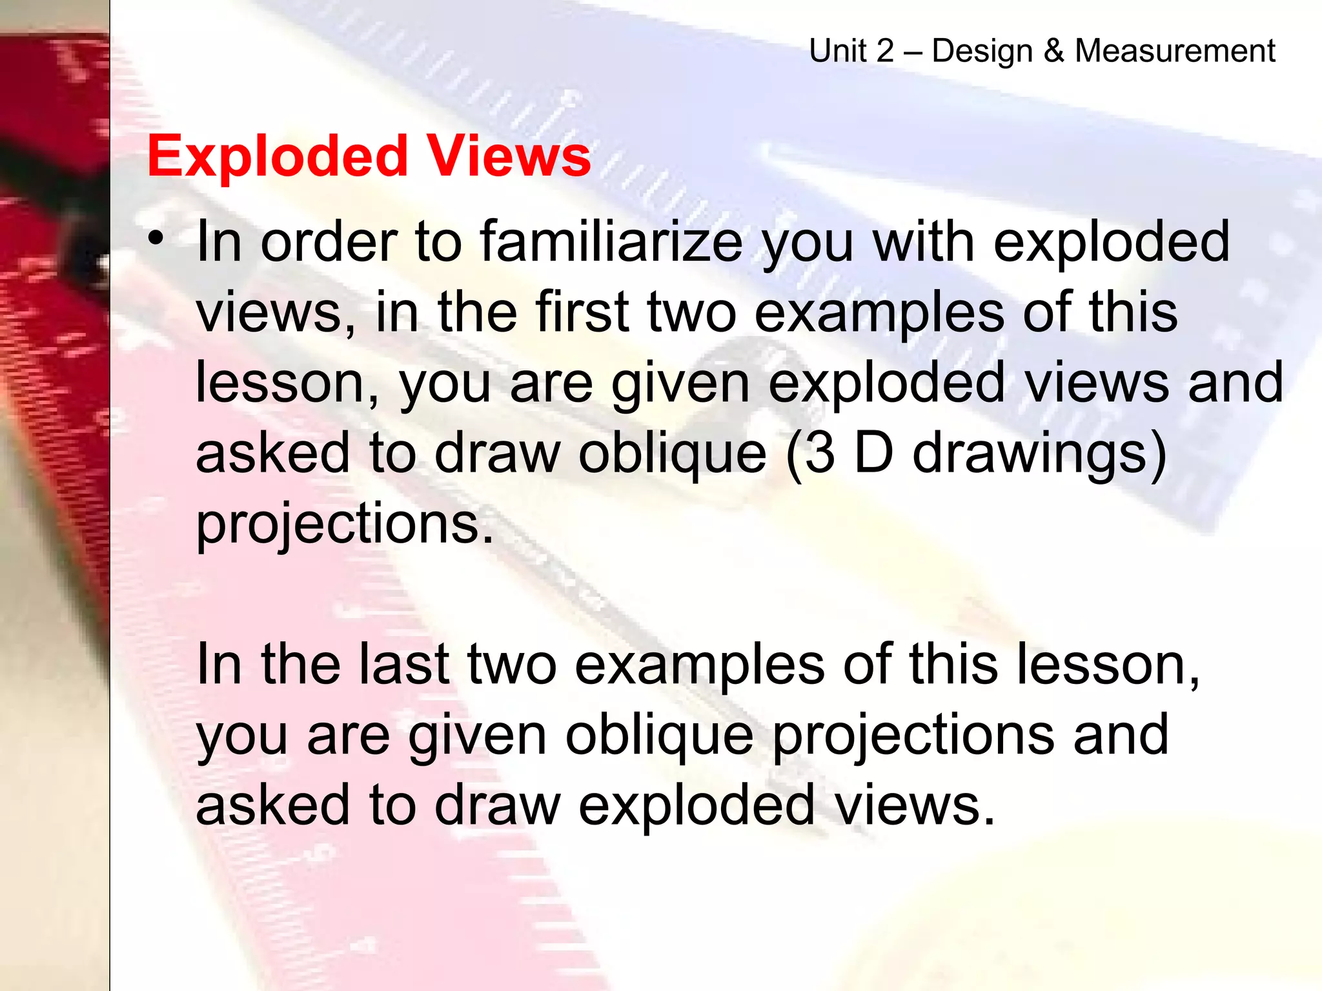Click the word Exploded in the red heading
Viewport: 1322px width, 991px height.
pyautogui.click(x=278, y=157)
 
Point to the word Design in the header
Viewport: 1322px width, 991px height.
pyautogui.click(x=982, y=50)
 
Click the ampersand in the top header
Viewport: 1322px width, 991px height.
pyautogui.click(x=1053, y=50)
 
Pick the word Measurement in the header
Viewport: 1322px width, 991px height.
pyautogui.click(x=1175, y=50)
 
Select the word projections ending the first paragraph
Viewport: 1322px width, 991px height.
pyautogui.click(x=344, y=524)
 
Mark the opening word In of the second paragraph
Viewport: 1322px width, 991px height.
pyautogui.click(x=219, y=664)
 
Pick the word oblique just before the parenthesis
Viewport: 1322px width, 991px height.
pyautogui.click(x=672, y=453)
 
